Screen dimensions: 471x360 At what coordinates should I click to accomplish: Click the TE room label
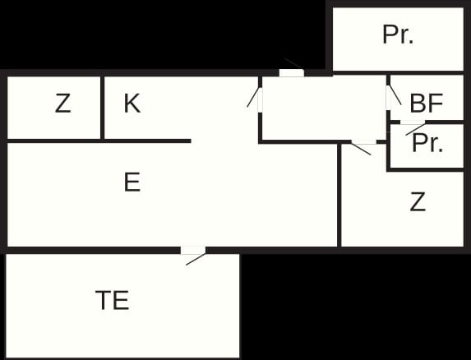click(113, 300)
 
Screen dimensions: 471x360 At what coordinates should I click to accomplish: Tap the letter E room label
click(132, 182)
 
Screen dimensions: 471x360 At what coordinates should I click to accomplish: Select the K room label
click(132, 103)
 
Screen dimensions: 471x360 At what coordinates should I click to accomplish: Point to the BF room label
click(427, 104)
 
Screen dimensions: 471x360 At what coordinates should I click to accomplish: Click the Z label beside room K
click(62, 103)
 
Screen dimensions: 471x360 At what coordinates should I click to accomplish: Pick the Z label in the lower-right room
click(418, 201)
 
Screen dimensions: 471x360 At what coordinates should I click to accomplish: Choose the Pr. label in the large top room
click(398, 35)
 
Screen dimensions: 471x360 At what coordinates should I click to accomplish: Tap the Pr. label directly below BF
click(427, 143)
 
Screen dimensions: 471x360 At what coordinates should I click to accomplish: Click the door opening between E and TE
click(193, 251)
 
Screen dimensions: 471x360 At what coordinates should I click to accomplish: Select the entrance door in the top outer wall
click(292, 72)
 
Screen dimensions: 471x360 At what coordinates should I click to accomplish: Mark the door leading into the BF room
click(388, 98)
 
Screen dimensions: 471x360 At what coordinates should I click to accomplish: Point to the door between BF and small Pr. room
click(413, 122)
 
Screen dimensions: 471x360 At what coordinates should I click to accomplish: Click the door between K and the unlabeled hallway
click(260, 99)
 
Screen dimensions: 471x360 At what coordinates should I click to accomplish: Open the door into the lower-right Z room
click(364, 142)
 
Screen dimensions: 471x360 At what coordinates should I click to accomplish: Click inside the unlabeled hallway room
click(324, 108)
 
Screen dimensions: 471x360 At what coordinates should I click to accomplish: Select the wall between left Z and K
click(103, 108)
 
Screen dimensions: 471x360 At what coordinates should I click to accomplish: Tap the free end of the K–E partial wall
click(191, 141)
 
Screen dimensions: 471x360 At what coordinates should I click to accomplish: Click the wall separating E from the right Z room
click(339, 195)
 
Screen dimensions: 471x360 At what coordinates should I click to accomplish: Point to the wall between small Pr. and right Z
click(426, 170)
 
